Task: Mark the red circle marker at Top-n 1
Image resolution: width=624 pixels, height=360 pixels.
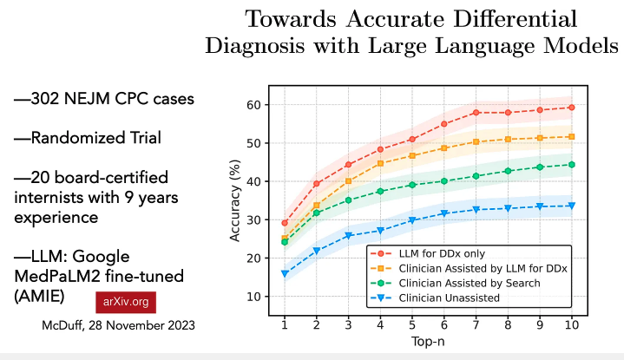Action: (x=285, y=223)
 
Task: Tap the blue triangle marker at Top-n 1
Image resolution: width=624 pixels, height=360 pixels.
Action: (x=285, y=274)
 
